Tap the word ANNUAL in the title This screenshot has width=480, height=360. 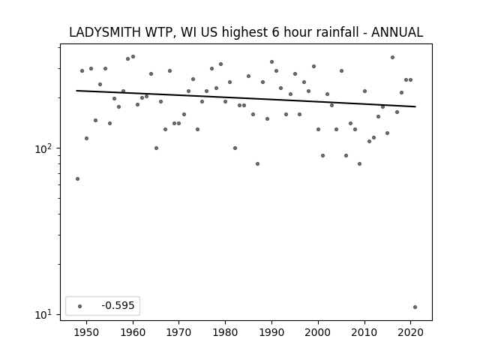[397, 32]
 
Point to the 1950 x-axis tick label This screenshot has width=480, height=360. [87, 332]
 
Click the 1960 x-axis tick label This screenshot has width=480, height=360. [133, 332]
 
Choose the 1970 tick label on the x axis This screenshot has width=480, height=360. [179, 332]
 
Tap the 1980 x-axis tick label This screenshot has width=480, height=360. [225, 332]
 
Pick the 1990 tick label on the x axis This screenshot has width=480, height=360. [271, 332]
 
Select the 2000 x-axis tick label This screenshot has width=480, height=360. [318, 332]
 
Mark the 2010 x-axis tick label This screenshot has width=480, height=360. [364, 332]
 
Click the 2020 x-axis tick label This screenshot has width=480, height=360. [411, 332]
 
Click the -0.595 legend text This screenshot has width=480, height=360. [118, 305]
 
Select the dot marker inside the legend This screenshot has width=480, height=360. [80, 306]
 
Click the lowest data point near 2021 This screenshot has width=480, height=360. [415, 307]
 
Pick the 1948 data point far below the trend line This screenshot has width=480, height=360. [77, 178]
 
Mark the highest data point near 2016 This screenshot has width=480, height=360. [392, 57]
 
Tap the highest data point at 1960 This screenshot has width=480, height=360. [133, 57]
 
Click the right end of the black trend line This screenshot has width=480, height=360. [415, 106]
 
